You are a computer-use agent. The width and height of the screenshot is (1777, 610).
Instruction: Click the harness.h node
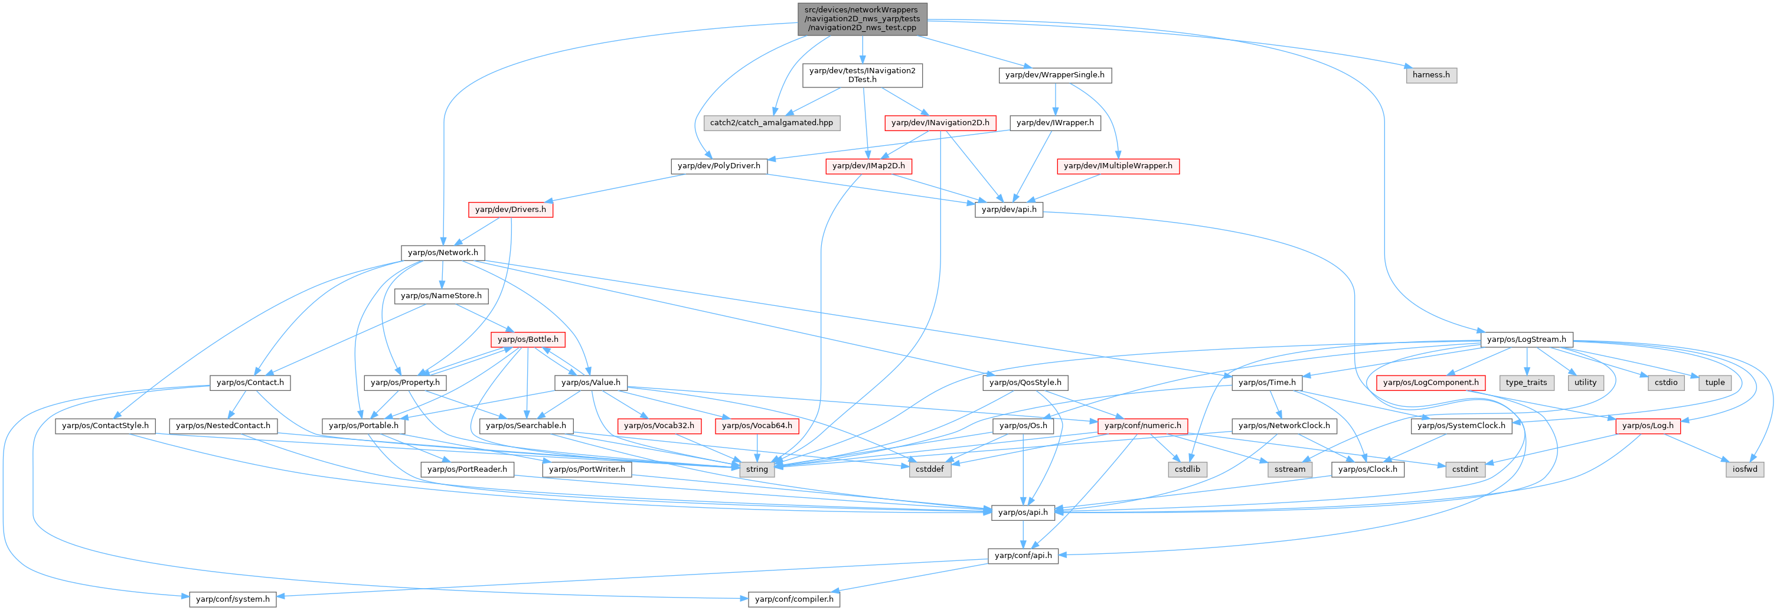1430,74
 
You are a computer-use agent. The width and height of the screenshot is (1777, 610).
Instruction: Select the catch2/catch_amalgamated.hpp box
771,123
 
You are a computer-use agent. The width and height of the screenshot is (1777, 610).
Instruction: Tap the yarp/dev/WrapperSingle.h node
1055,74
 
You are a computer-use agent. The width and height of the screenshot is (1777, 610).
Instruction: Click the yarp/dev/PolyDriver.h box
719,167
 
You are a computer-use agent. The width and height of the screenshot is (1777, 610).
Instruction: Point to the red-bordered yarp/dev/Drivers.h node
511,209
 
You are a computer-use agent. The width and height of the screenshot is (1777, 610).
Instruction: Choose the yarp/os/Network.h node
443,253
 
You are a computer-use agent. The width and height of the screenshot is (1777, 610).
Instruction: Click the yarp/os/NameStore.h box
442,296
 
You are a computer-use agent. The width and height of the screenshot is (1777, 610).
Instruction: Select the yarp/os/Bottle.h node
528,340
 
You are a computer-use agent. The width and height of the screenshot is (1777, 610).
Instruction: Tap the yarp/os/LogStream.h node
1527,340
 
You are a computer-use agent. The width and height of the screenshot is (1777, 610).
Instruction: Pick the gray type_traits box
1526,382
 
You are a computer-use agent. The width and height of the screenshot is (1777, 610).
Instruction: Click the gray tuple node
1714,382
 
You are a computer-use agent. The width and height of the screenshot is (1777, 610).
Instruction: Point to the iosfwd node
1745,469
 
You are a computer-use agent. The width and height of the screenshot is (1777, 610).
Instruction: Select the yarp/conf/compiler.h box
794,599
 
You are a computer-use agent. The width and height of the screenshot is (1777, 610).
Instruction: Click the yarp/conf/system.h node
233,599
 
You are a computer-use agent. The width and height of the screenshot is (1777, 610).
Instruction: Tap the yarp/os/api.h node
1023,512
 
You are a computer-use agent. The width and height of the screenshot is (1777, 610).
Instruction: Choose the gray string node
757,469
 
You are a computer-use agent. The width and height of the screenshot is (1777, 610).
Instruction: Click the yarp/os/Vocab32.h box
659,426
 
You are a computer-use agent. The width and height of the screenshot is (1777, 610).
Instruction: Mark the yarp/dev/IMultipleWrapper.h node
1118,167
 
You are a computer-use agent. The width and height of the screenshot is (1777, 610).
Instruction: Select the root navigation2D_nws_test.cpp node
861,19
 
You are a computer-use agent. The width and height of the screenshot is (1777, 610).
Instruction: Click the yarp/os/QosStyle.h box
1025,382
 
